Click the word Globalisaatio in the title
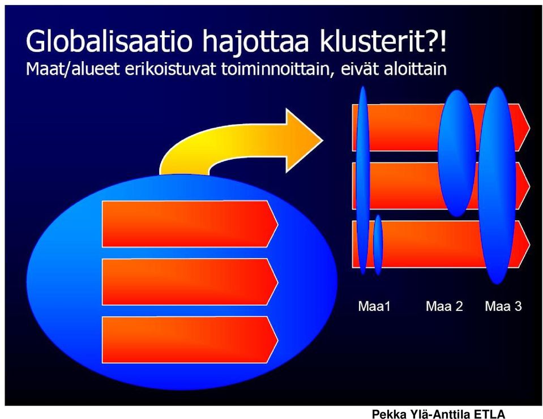109,41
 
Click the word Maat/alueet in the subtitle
72,69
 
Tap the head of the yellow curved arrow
304,140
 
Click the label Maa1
374,306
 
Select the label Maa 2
444,306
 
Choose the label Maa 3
503,306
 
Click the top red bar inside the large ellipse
190,224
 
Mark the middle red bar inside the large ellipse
190,281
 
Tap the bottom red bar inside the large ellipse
190,340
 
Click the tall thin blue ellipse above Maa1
363,180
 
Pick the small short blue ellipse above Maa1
378,245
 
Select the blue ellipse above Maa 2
457,153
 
